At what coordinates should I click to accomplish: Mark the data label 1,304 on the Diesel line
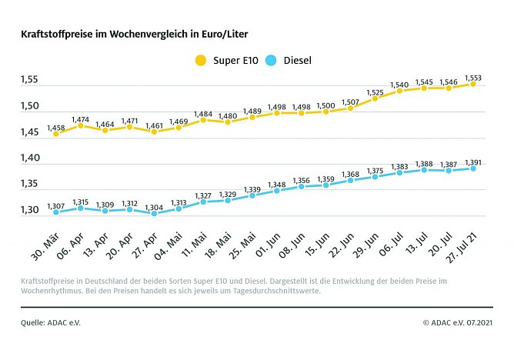pos(154,205)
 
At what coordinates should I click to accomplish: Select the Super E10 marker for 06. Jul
pos(399,91)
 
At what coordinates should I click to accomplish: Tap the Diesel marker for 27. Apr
pos(154,213)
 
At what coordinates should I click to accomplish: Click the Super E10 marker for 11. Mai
pos(203,120)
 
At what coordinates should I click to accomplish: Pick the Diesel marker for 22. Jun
pos(350,180)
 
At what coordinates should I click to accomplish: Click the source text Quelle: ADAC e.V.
pos(51,322)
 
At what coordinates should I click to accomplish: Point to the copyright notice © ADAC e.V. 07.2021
pos(458,322)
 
